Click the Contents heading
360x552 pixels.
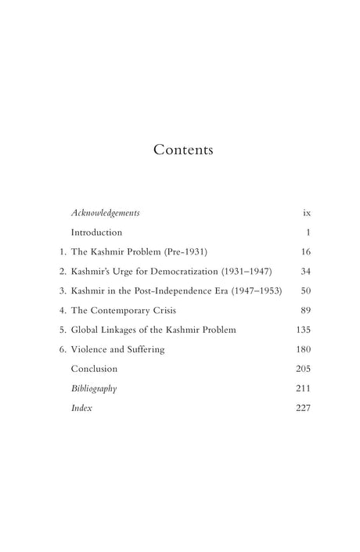click(183, 149)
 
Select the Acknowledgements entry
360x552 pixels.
click(105, 213)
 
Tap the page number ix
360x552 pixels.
click(307, 213)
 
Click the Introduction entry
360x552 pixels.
click(96, 233)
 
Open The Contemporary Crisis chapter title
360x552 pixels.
click(117, 311)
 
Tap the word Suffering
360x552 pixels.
click(144, 350)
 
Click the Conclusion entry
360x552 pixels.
click(94, 369)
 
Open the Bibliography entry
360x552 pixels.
click(92, 388)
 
